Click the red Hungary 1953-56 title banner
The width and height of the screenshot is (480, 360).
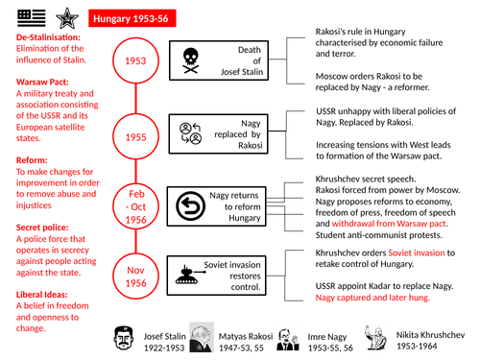[137, 17]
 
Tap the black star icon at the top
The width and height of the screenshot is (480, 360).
[66, 16]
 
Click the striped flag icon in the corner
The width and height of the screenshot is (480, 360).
[26, 16]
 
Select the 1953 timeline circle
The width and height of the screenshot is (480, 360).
[136, 60]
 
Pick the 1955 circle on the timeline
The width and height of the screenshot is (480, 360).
[136, 136]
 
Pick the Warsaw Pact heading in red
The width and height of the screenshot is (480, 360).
[44, 81]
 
